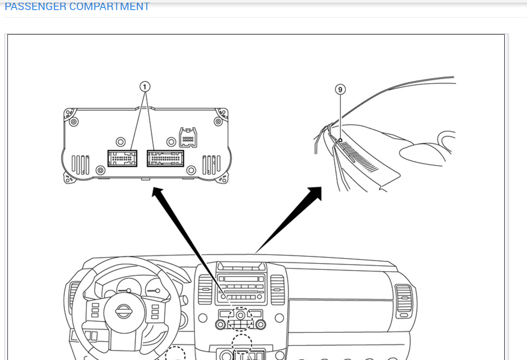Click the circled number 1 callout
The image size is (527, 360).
tap(145, 86)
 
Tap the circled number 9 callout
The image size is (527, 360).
tap(340, 90)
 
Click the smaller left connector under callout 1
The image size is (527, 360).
tap(122, 158)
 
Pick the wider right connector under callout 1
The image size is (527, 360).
tap(165, 158)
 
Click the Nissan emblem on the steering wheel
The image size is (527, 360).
tap(123, 311)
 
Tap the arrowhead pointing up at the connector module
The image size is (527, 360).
tap(156, 193)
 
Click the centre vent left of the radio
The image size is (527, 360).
tap(205, 289)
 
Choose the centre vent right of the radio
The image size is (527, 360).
tap(277, 289)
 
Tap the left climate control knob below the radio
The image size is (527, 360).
tap(221, 325)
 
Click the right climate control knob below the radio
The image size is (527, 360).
tap(261, 325)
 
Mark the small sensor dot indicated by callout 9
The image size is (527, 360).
tap(340, 140)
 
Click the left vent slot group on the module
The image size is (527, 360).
tap(81, 165)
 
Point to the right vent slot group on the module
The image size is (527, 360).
tap(211, 165)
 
